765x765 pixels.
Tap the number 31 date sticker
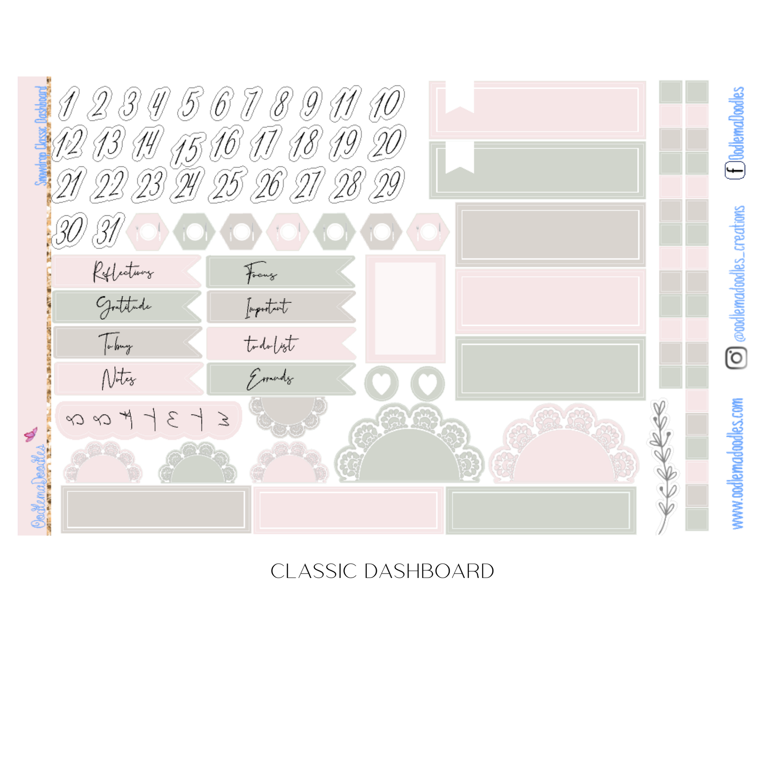coord(108,230)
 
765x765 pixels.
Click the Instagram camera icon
coord(736,358)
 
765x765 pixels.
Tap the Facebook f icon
coord(735,171)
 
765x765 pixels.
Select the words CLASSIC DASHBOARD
coord(382,571)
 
